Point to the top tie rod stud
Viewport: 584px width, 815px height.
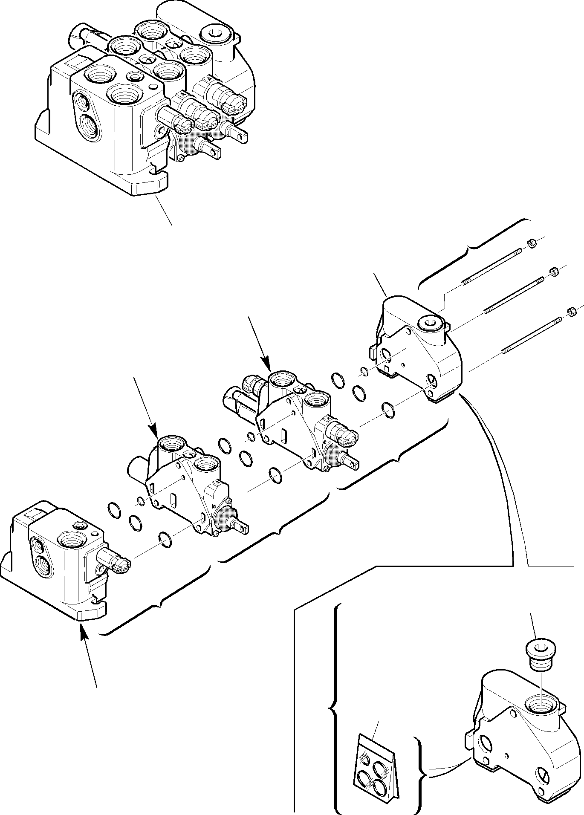click(x=492, y=266)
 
